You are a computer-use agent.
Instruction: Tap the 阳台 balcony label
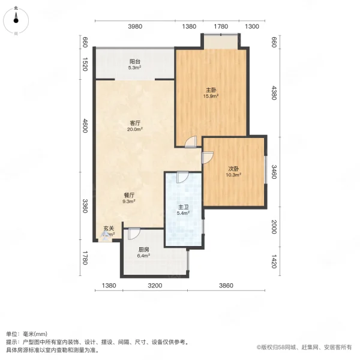tap(134, 61)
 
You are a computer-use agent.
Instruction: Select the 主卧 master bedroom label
tap(210, 89)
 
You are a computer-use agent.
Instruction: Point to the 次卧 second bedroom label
tap(233, 169)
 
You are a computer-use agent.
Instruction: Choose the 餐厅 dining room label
tap(128, 196)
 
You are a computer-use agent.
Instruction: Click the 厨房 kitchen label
tap(143, 250)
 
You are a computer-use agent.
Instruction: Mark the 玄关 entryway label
tap(108, 228)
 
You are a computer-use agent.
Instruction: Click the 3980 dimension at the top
tap(134, 26)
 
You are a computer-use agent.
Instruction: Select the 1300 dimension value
tap(252, 26)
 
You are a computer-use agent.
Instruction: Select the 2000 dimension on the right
tap(273, 227)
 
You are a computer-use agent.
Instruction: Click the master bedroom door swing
tap(190, 142)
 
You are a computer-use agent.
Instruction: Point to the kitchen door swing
tap(133, 234)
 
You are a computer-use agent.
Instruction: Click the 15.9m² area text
tap(210, 95)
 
